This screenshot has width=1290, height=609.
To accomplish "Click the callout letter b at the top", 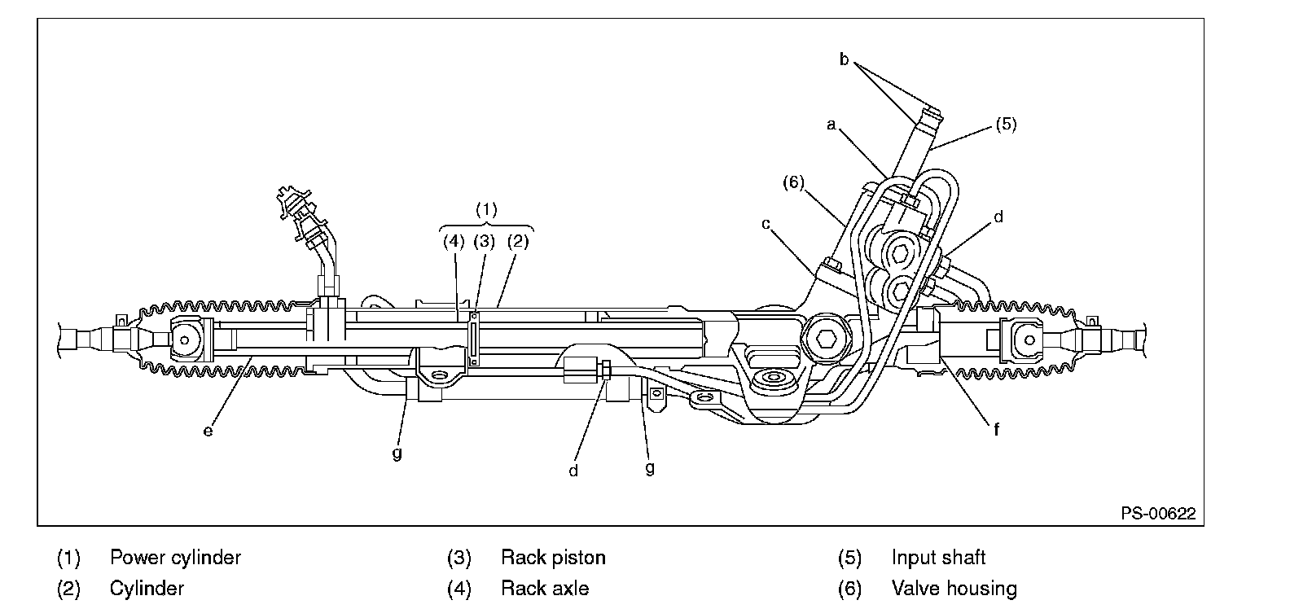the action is pos(844,59).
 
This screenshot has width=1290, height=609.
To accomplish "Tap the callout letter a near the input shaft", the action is pos(831,125).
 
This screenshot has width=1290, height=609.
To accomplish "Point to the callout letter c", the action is pos(766,224).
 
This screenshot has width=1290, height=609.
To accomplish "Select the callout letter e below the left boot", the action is pos(208,431).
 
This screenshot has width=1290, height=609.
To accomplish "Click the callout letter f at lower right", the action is pos(996,429).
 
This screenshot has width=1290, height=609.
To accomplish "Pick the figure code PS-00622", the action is pos(1158,514).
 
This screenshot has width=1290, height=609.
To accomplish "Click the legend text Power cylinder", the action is pos(175,557).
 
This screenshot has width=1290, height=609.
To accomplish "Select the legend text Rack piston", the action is pos(553,557).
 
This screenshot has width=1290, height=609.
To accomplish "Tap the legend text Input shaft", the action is pos(938,557).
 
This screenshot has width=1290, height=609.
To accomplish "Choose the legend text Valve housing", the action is pos(954,589).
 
